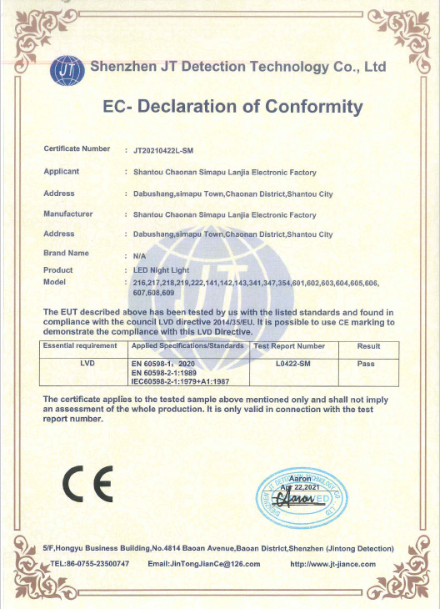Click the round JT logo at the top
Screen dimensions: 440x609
click(67, 70)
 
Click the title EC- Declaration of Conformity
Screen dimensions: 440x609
click(232, 107)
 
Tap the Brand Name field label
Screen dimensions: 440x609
click(66, 252)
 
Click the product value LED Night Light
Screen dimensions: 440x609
click(162, 270)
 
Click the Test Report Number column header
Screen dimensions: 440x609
click(289, 345)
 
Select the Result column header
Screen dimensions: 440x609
click(368, 345)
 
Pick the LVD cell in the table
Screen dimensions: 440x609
click(87, 364)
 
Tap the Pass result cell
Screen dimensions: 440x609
click(366, 364)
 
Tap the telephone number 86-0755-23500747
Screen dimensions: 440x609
click(93, 564)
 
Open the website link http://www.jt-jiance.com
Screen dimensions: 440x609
click(332, 564)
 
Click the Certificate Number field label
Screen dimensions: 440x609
click(77, 148)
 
